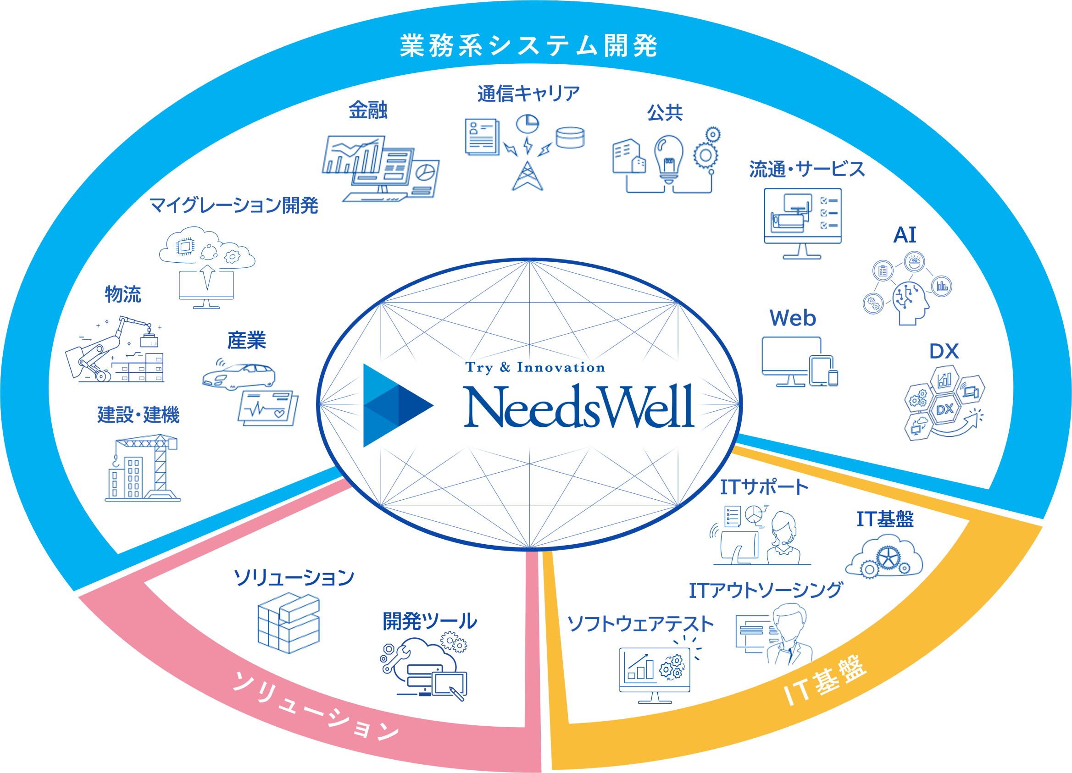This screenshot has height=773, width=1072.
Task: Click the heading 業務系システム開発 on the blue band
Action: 528,46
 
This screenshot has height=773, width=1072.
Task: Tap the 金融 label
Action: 368,110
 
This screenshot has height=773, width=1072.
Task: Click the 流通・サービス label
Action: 807,169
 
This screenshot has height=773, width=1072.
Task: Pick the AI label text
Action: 905,235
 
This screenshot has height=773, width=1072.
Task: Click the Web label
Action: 793,318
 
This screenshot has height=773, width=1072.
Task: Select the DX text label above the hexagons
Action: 944,351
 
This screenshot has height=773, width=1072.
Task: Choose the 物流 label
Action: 123,294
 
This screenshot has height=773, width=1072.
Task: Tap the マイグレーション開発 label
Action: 234,205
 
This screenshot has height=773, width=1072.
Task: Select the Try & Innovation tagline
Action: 535,367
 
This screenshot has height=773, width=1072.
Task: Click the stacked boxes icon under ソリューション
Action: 289,623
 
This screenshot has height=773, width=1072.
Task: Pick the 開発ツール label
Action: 430,621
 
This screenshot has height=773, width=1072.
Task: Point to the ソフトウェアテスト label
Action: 640,624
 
